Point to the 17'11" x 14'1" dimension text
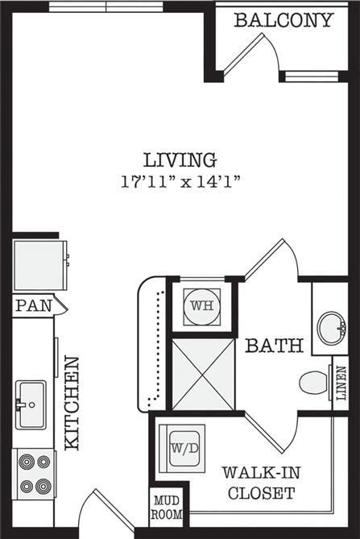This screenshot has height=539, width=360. tap(180, 181)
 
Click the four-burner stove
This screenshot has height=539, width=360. tap(33, 475)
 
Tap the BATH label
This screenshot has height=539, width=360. tap(275, 346)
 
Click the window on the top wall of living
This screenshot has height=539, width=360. tap(106, 7)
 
